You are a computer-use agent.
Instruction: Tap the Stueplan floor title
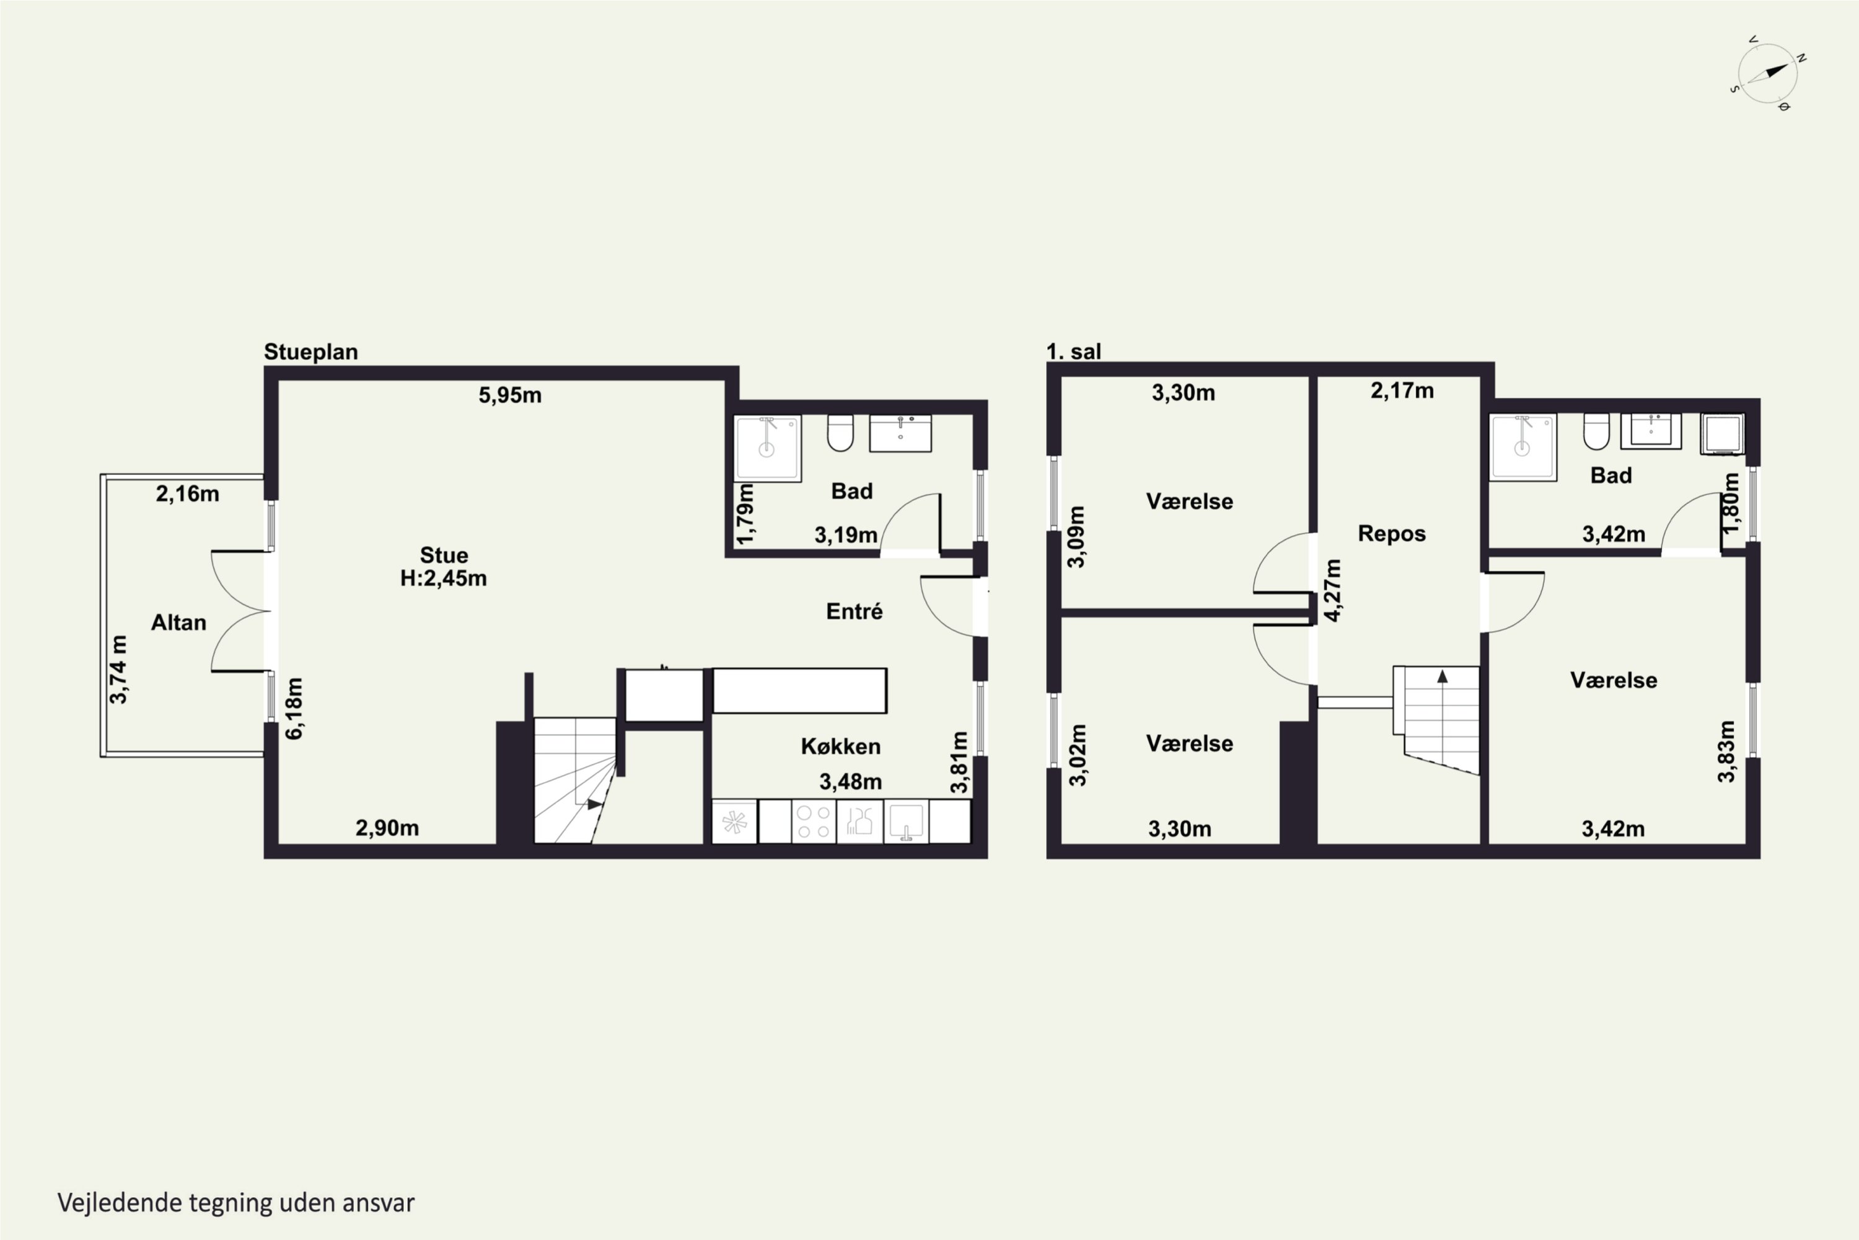pos(310,352)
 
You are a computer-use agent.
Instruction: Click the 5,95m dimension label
pos(510,394)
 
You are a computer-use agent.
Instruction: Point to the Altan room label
pos(178,622)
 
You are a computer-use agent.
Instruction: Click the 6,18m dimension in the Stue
pos(293,709)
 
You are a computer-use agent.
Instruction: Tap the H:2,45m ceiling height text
pos(444,578)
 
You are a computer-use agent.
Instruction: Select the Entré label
pos(854,611)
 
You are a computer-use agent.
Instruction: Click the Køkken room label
pos(840,746)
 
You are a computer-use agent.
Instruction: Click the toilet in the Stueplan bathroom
pos(840,433)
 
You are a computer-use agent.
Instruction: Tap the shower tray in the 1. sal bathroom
pos(1523,447)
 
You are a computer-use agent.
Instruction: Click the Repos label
pos(1392,534)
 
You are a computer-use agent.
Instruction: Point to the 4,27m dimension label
pos(1333,590)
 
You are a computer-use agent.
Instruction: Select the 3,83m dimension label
pos(1726,751)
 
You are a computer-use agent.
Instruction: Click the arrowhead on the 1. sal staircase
pos(1443,676)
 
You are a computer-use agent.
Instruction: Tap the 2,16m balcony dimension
pos(187,494)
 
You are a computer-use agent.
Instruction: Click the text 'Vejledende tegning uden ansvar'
pos(236,1203)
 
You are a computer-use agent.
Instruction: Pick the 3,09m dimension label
pos(1076,537)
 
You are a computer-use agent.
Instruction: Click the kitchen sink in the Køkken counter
pos(907,821)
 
